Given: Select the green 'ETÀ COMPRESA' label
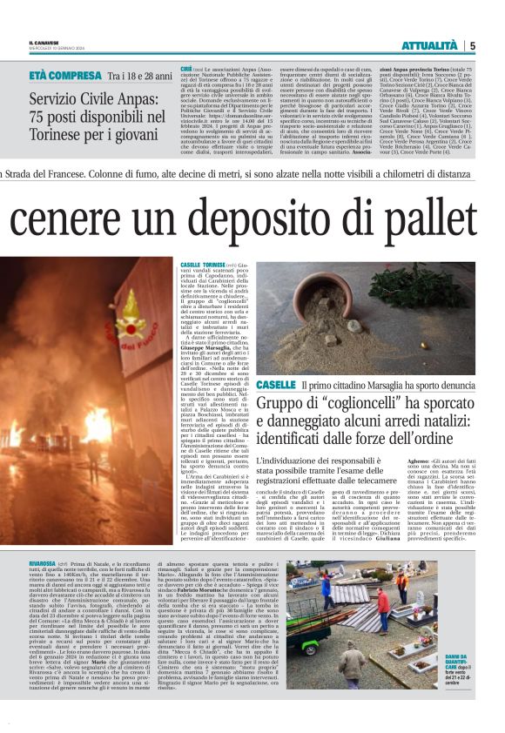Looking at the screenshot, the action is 65,76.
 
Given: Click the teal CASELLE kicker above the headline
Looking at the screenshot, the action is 275,384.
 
